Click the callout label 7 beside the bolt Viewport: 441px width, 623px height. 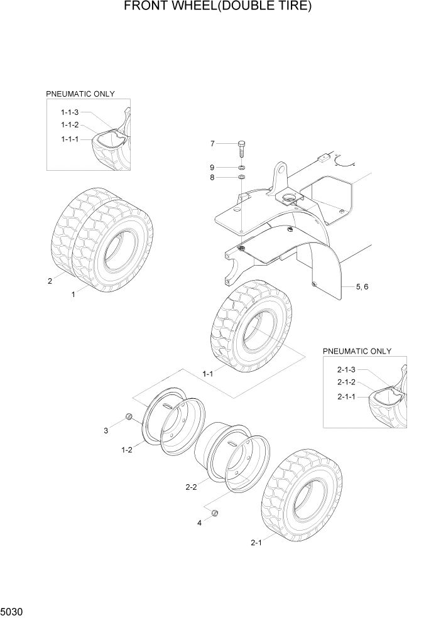point(212,144)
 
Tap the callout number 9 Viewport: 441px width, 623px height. point(212,167)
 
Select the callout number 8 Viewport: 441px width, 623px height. point(212,178)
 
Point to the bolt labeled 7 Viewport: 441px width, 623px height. point(241,150)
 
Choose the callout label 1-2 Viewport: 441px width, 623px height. point(126,449)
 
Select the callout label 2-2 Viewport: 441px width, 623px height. point(192,486)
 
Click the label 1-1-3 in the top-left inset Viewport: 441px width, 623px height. point(70,112)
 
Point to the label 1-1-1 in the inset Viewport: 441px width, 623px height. point(70,139)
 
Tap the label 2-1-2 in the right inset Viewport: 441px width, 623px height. point(346,382)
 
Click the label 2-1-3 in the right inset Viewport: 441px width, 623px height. point(346,369)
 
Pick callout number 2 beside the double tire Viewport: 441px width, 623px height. point(50,281)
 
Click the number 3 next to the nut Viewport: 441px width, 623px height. point(106,430)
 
